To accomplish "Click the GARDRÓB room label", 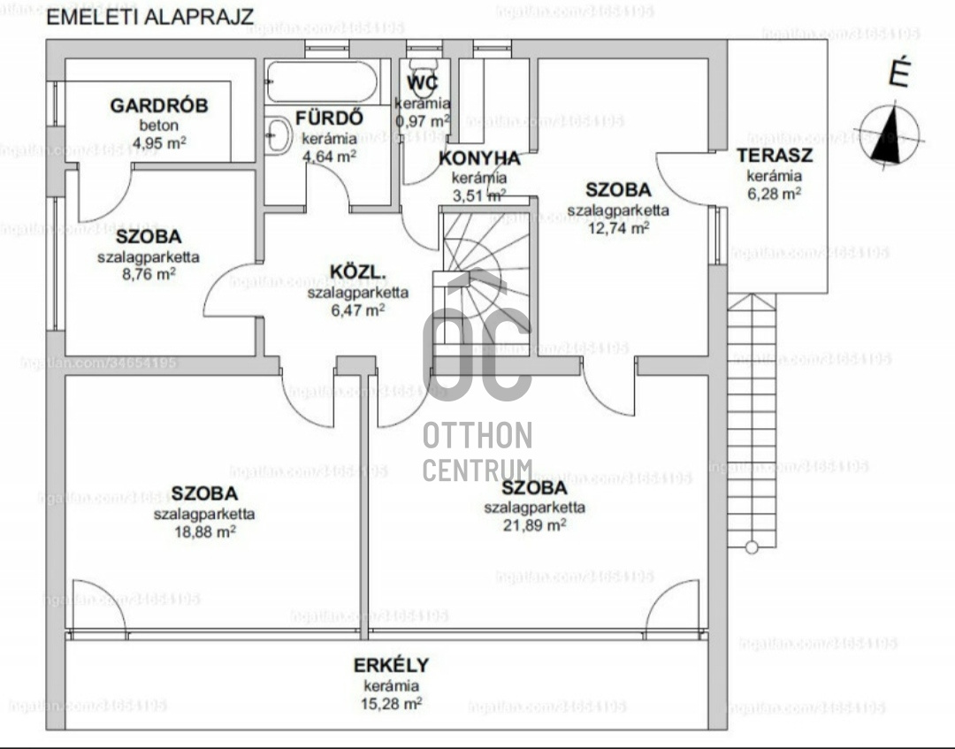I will coord(159,106).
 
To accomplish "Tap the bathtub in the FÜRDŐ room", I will coord(322,81).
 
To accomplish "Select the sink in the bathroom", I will coord(278,135).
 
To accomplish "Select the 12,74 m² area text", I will coord(618,227).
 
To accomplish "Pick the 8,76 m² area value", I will coord(148,274).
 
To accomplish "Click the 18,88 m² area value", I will coord(204,531).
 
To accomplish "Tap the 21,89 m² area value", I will coord(534,525).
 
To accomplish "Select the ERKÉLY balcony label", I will coord(391,666).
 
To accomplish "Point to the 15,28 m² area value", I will coord(391,704).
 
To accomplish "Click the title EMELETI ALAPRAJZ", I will coord(149,17).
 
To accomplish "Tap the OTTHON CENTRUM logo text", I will coord(477,451).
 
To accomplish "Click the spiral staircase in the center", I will coord(485,274).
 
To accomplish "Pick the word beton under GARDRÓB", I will coord(158,125).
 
